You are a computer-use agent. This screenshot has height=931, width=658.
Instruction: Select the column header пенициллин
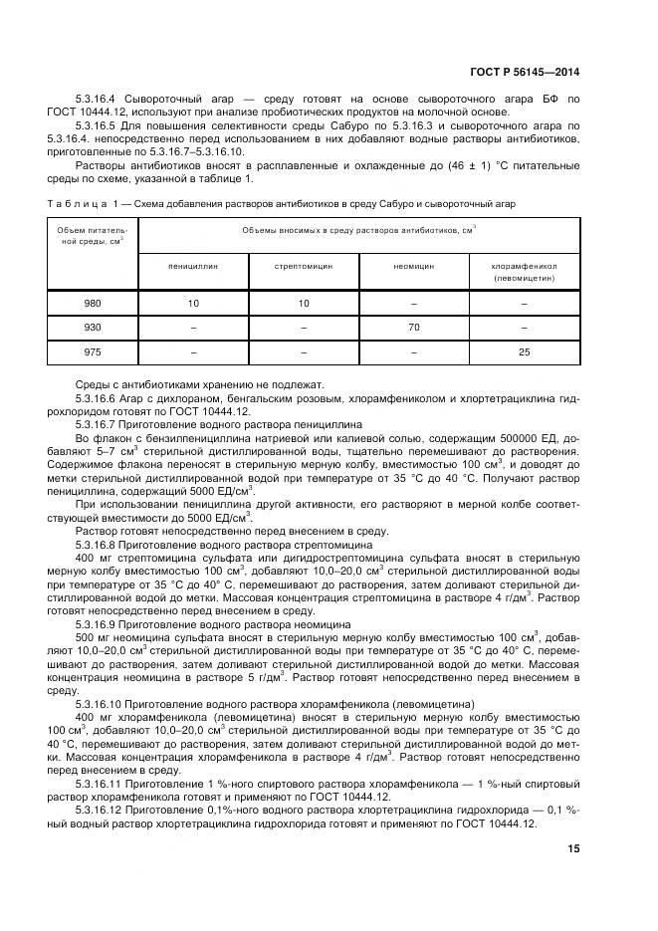click(x=192, y=267)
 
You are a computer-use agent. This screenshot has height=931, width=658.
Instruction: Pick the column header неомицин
click(x=412, y=267)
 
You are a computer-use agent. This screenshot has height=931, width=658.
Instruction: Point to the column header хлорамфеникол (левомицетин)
click(x=524, y=273)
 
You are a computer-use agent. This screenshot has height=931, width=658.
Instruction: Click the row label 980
click(x=93, y=304)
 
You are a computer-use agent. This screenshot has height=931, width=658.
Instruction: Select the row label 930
click(x=93, y=327)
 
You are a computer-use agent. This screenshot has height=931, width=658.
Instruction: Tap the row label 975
click(x=93, y=350)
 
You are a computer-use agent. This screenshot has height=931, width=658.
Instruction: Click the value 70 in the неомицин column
click(x=412, y=327)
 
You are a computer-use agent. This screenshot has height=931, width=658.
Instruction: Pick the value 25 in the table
click(x=524, y=350)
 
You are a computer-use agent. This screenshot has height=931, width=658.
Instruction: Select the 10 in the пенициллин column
click(x=193, y=304)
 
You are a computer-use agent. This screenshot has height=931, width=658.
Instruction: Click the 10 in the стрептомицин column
click(x=303, y=304)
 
